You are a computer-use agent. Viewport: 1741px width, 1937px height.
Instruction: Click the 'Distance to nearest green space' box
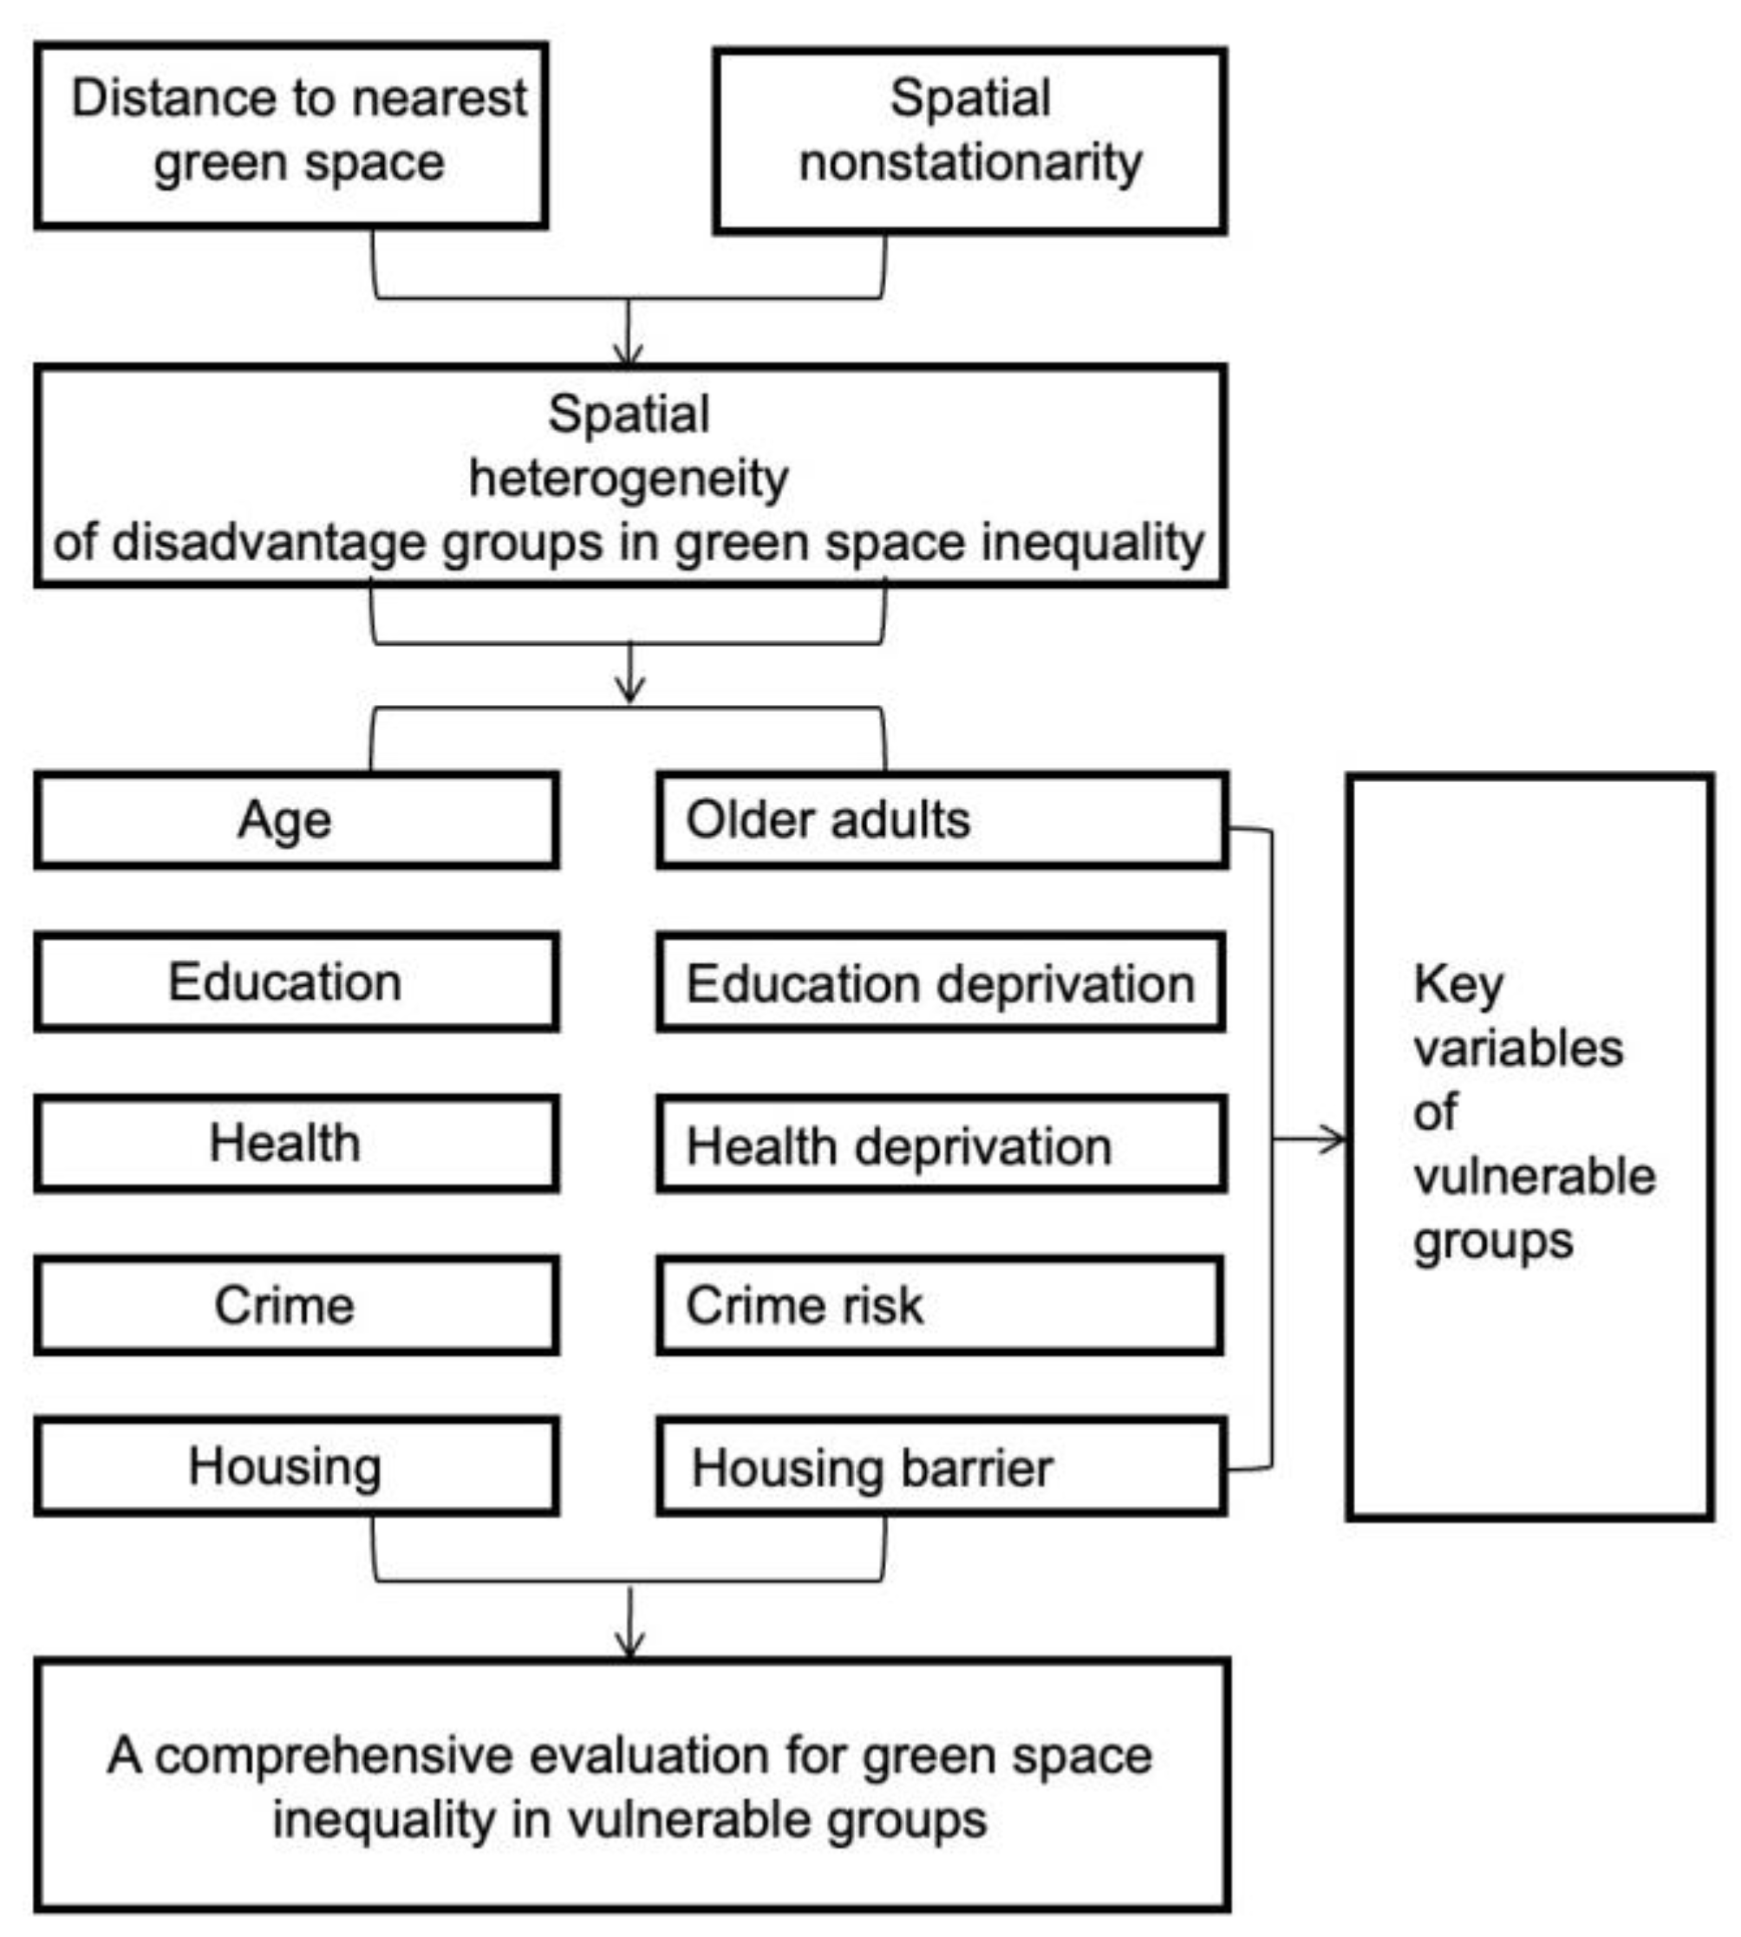pos(292,135)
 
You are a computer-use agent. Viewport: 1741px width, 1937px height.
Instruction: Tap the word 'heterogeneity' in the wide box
pos(629,479)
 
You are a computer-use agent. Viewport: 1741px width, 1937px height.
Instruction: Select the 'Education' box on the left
pos(297,982)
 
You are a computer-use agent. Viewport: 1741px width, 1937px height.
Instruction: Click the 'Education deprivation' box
pos(942,983)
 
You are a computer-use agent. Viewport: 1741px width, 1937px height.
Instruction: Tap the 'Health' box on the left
pos(297,1144)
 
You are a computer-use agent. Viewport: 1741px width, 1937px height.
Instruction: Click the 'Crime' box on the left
pos(297,1306)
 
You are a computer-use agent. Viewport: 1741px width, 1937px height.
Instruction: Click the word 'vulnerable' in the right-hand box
pos(1534,1177)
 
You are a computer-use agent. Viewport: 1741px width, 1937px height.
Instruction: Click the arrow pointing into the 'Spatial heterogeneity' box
pos(629,354)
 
